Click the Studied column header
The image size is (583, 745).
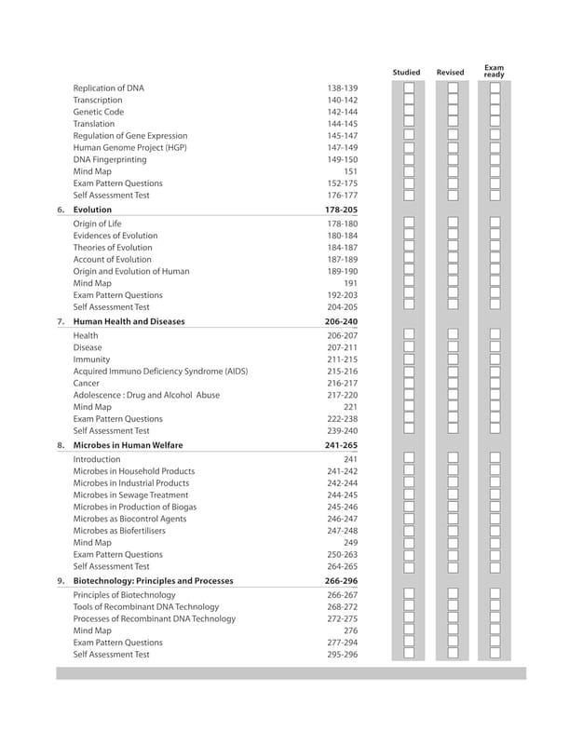pyautogui.click(x=406, y=73)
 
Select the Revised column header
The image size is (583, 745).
pyautogui.click(x=450, y=73)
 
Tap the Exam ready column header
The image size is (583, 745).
pyautogui.click(x=494, y=71)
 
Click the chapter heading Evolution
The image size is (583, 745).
pyautogui.click(x=92, y=210)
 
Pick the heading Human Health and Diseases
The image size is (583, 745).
pyautogui.click(x=129, y=321)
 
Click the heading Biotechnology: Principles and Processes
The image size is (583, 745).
pyautogui.click(x=153, y=581)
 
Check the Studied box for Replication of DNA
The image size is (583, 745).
pyautogui.click(x=409, y=88)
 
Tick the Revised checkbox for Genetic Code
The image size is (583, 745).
pyautogui.click(x=452, y=112)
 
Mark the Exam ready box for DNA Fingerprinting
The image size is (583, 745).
pyautogui.click(x=495, y=159)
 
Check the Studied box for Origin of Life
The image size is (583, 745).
pyautogui.click(x=409, y=224)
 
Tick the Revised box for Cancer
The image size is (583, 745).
pyautogui.click(x=452, y=383)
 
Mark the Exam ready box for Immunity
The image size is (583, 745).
pyautogui.click(x=495, y=359)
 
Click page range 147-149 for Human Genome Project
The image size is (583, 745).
pyautogui.click(x=342, y=148)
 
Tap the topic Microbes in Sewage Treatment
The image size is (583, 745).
pyautogui.click(x=130, y=495)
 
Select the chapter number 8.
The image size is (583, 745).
pyautogui.click(x=61, y=445)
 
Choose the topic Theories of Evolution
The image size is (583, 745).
pyautogui.click(x=113, y=248)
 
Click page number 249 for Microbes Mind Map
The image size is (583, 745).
pyautogui.click(x=350, y=543)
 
